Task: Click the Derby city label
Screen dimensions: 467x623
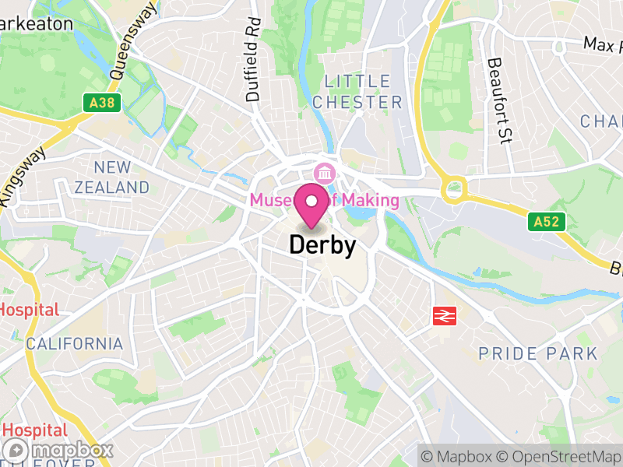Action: [x=322, y=245]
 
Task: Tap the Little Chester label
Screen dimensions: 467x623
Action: [x=364, y=92]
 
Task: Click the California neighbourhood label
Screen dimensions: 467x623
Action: [x=75, y=343]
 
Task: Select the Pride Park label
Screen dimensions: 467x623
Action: [x=538, y=354]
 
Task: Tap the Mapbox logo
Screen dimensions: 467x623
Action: [x=59, y=450]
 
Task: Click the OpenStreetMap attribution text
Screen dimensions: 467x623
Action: [x=558, y=455]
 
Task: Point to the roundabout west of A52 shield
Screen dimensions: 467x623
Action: [x=453, y=188]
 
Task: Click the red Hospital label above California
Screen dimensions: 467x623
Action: [x=28, y=309]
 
